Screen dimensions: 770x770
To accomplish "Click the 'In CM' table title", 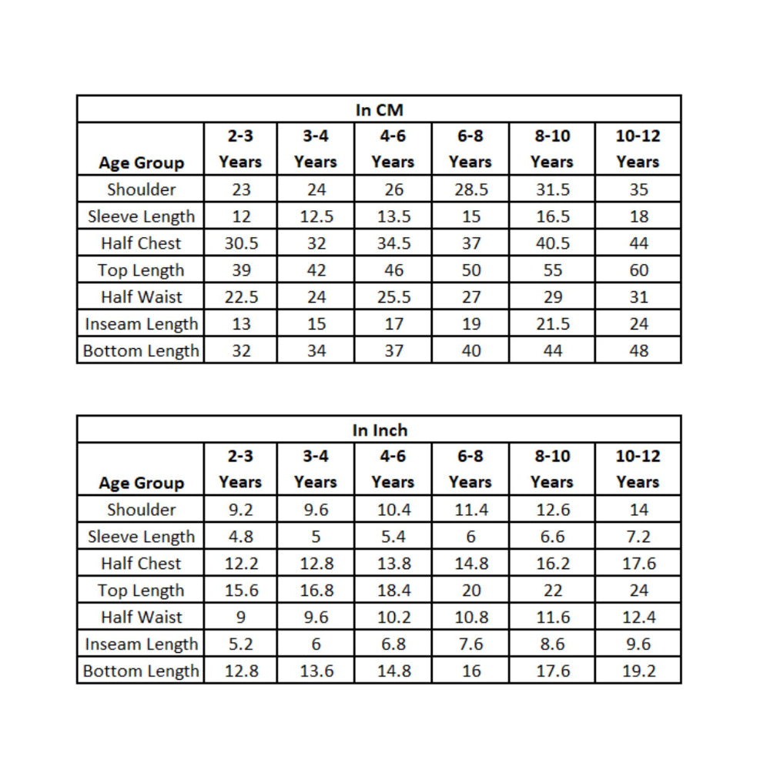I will (x=379, y=110).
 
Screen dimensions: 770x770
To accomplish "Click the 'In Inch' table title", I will (x=380, y=430).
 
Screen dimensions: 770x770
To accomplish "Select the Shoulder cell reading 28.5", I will (x=470, y=189).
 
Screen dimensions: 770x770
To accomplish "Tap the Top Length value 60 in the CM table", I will (x=638, y=270).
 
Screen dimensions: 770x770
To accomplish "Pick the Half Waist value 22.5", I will (x=241, y=297).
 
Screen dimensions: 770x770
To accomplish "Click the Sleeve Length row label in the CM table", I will (x=141, y=216).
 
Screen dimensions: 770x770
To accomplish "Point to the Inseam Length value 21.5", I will (x=552, y=324).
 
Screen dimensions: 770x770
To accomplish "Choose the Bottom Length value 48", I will (x=638, y=351).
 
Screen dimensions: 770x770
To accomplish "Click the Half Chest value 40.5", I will (x=552, y=243).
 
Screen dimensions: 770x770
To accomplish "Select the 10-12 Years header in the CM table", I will (x=638, y=149).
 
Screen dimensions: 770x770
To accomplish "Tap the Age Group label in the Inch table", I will (x=141, y=483).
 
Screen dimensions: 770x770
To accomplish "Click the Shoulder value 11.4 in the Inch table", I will (x=470, y=510).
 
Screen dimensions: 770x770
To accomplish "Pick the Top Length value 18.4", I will (x=393, y=591).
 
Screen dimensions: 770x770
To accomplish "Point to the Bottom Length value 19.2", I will (x=638, y=671).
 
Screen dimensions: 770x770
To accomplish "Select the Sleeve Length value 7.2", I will (x=638, y=537).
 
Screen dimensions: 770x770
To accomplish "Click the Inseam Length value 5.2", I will (x=241, y=644).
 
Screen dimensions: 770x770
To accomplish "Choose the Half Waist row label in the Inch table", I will (x=141, y=618).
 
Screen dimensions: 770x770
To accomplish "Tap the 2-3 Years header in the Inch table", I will (x=240, y=469).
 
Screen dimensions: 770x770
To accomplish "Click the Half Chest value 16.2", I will (x=552, y=564).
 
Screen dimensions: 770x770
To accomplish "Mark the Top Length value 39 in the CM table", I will (x=241, y=270).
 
